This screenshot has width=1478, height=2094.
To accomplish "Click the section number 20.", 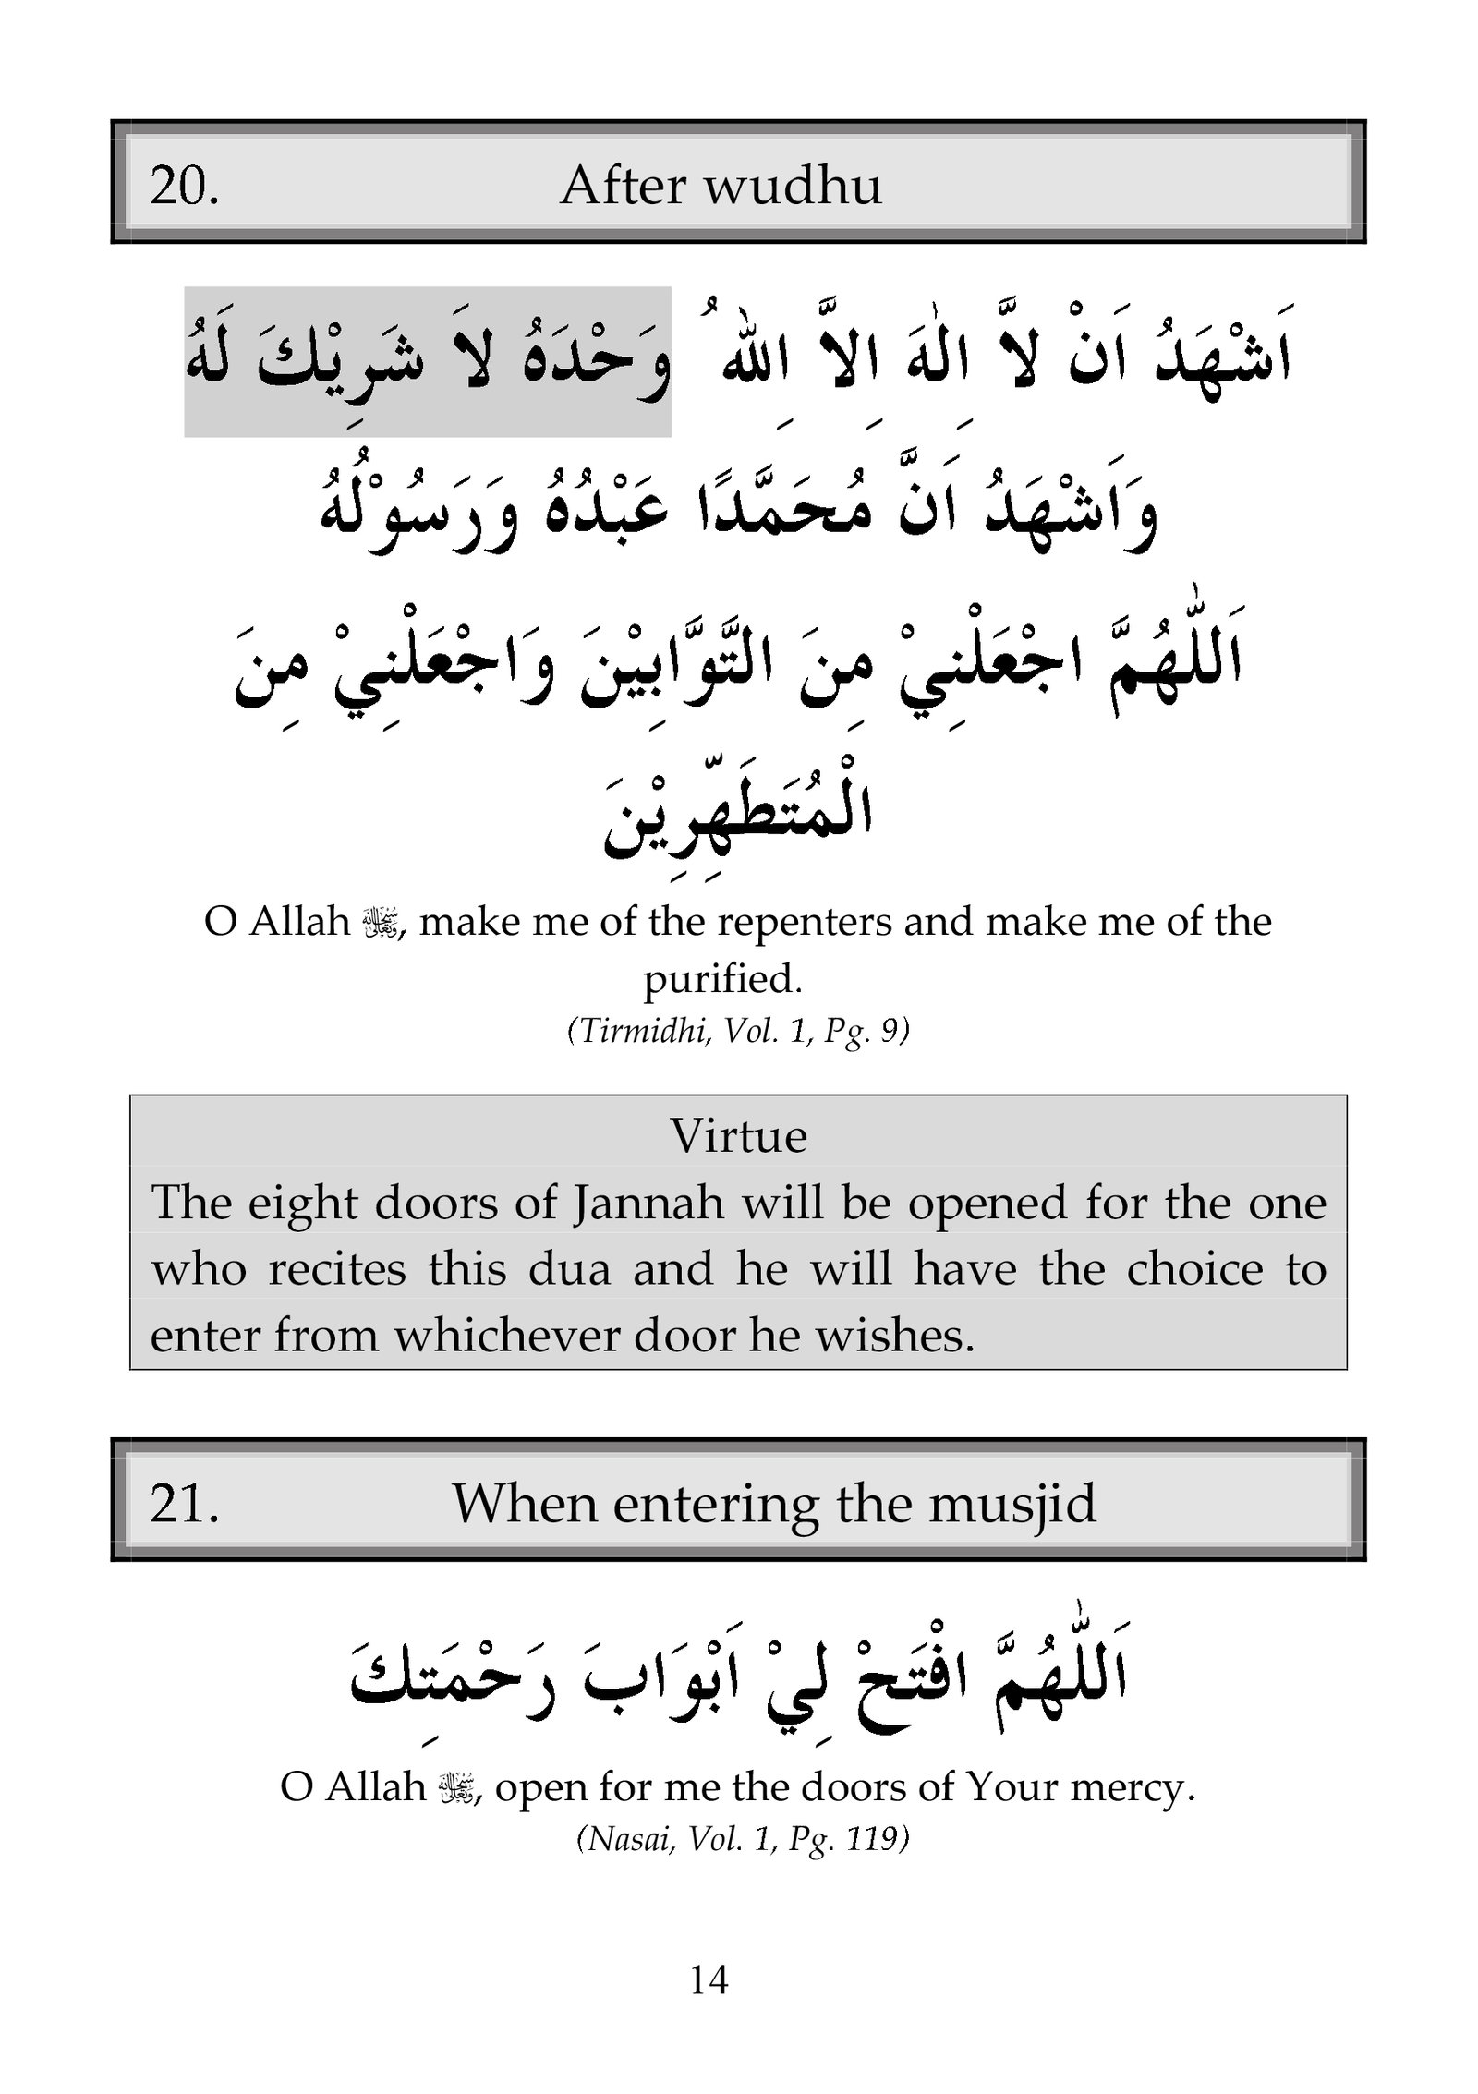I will [184, 187].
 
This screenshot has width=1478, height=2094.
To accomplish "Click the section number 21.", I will [184, 1504].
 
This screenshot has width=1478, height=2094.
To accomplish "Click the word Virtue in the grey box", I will [738, 1136].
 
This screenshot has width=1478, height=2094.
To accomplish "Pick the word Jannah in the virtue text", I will [648, 1204].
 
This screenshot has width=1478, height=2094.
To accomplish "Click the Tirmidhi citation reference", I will [738, 1031].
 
